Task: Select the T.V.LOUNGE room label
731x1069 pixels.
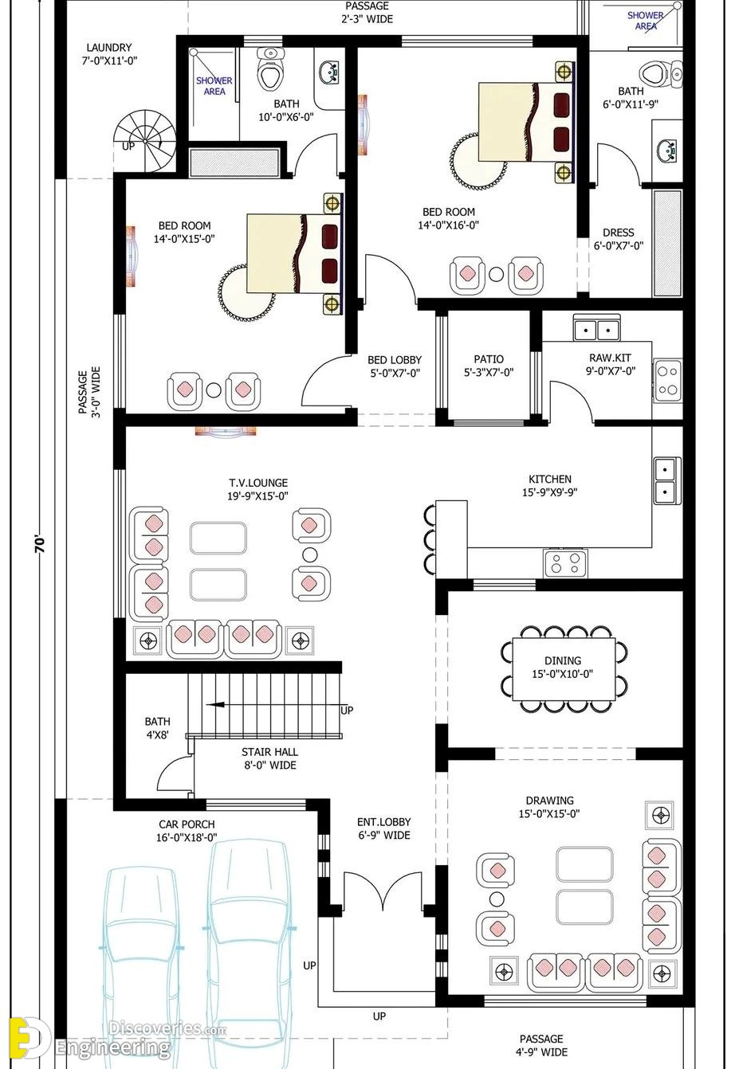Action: tap(257, 483)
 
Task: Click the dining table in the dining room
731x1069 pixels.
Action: tap(564, 668)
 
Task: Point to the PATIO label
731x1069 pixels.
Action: tap(489, 358)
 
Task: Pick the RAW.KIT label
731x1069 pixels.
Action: tap(610, 358)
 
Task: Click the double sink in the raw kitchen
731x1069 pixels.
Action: tap(597, 327)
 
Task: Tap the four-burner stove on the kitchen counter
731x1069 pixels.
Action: tap(565, 562)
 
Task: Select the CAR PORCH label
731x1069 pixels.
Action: tap(187, 824)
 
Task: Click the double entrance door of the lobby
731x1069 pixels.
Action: tap(383, 889)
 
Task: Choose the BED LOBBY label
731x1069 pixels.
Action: tap(395, 359)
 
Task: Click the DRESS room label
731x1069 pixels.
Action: tap(619, 233)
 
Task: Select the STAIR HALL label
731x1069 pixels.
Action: tap(269, 752)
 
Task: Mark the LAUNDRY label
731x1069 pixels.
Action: tap(109, 47)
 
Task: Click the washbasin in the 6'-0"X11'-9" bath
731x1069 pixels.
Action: tap(666, 150)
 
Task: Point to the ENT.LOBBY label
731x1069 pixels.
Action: tap(384, 822)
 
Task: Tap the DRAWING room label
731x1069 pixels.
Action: tap(549, 801)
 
